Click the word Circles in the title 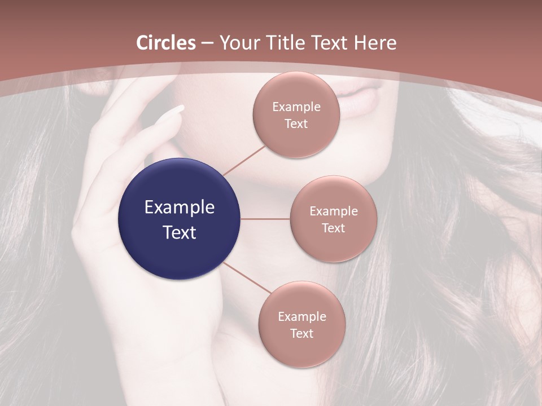(166, 43)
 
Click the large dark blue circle (179, 219)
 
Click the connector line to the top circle (244, 160)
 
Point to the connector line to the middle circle (265, 219)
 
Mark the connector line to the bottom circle (247, 277)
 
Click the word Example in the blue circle (180, 207)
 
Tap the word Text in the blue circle (180, 232)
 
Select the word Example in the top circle (296, 107)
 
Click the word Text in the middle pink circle (334, 228)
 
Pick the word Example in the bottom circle (302, 316)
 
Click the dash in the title (208, 43)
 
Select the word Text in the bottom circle (302, 333)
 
